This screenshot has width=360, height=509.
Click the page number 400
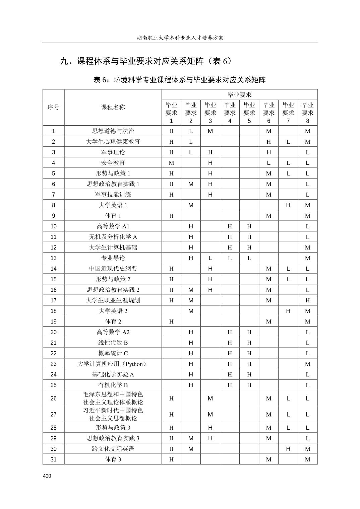(x=47, y=476)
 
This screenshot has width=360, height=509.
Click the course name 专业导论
(x=113, y=258)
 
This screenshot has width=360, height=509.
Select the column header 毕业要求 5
(x=249, y=113)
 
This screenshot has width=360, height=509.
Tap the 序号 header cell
(x=53, y=107)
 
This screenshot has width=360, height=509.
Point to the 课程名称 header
(x=113, y=107)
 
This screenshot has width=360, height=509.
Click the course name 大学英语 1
(x=113, y=205)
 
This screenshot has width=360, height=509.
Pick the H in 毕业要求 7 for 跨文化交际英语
(x=288, y=449)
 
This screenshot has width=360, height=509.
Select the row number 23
(x=53, y=364)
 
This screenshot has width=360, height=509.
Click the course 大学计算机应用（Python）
(x=113, y=364)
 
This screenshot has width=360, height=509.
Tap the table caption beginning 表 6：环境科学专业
(x=180, y=80)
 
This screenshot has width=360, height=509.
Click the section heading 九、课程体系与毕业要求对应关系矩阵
(x=146, y=61)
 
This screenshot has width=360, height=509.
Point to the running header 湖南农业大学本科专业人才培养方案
(x=180, y=38)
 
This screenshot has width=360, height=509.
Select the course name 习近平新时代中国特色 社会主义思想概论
(x=113, y=414)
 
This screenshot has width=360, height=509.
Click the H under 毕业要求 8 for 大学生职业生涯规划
(x=307, y=300)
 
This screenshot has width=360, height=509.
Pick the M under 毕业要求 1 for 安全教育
(x=171, y=163)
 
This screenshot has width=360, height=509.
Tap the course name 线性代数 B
(x=113, y=343)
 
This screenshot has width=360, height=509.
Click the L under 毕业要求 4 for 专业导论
(x=230, y=258)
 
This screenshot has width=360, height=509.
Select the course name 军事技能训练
(x=113, y=194)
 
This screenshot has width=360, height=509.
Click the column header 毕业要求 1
(x=171, y=113)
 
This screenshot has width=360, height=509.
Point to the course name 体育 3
(x=113, y=459)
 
